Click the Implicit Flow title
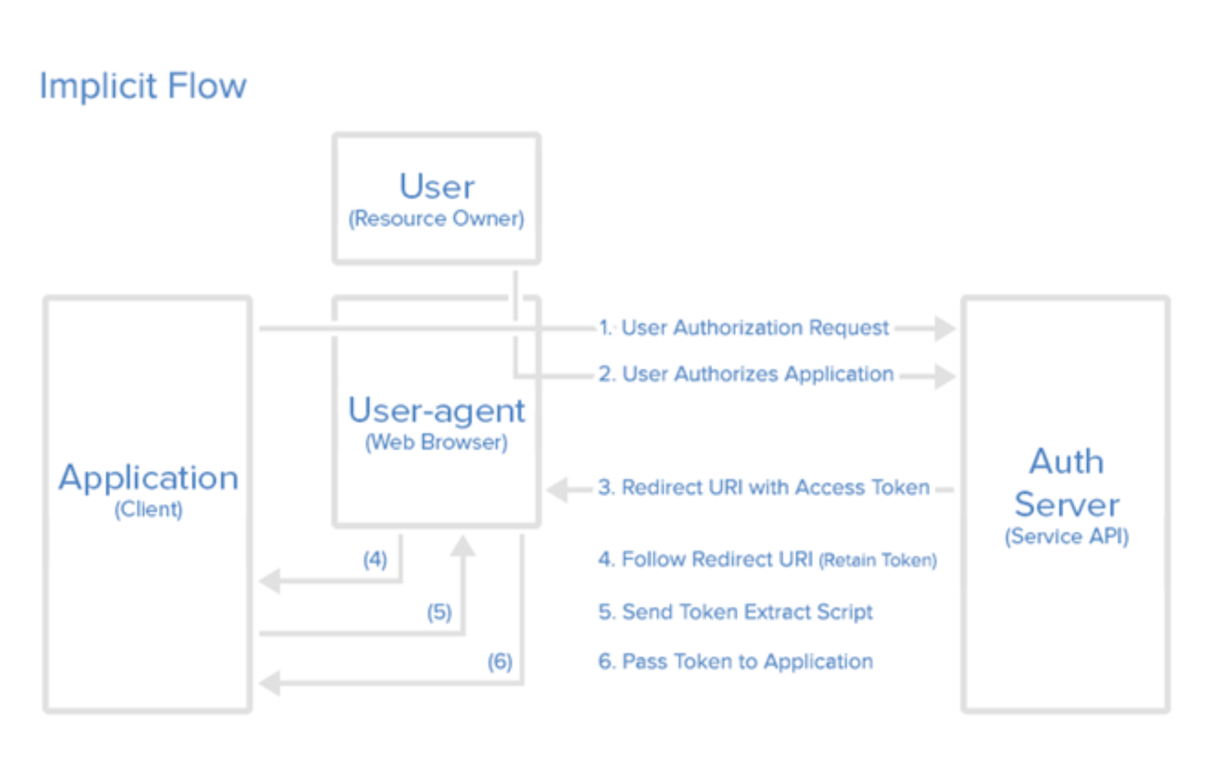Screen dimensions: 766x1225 [142, 86]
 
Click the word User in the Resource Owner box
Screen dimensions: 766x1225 [437, 186]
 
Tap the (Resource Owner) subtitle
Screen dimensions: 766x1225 [436, 218]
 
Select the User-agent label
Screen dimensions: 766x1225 [436, 410]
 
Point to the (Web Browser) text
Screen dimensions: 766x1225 [436, 442]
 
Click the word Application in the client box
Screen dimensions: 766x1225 [148, 478]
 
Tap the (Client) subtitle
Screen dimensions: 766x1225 [148, 509]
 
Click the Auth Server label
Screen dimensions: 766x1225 [1067, 483]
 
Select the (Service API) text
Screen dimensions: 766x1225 [1067, 536]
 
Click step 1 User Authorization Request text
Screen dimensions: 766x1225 [744, 328]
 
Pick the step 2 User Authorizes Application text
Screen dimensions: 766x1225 [746, 374]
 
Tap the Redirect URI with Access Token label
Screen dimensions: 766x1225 [764, 487]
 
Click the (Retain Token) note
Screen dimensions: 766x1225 [877, 560]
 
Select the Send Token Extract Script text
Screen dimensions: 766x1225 [735, 612]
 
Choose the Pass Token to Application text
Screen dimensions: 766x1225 [735, 662]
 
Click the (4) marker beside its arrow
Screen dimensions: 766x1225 [375, 559]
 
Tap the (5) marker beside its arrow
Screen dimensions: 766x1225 [439, 612]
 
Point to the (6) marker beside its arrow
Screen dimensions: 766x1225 [500, 662]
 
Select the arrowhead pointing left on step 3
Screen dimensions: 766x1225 [557, 490]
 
